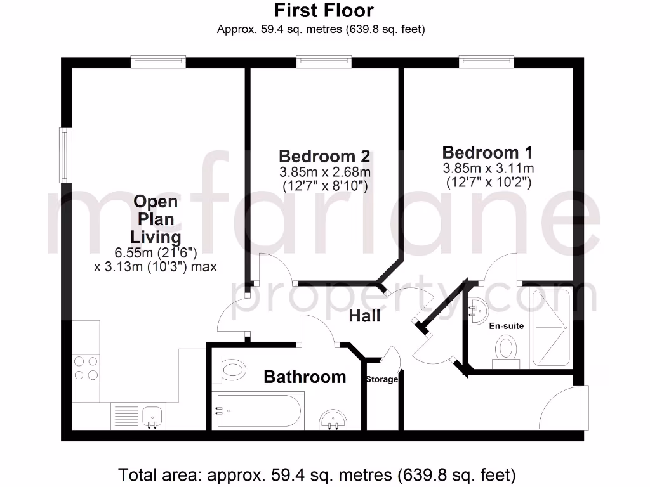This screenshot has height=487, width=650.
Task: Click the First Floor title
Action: coord(324,11)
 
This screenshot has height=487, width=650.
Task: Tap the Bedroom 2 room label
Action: coord(325,156)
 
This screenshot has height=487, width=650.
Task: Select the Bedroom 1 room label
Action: coord(487,152)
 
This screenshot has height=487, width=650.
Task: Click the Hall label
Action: coord(364,315)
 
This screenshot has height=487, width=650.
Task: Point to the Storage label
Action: coord(381,380)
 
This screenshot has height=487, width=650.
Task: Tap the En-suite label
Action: coord(506,326)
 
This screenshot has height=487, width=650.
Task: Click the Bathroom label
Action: coord(305,377)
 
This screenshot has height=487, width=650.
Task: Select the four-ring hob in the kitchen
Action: coord(86,368)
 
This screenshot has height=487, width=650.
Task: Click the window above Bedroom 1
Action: coord(487,62)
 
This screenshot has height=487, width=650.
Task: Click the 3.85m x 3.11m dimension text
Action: coord(488,169)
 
